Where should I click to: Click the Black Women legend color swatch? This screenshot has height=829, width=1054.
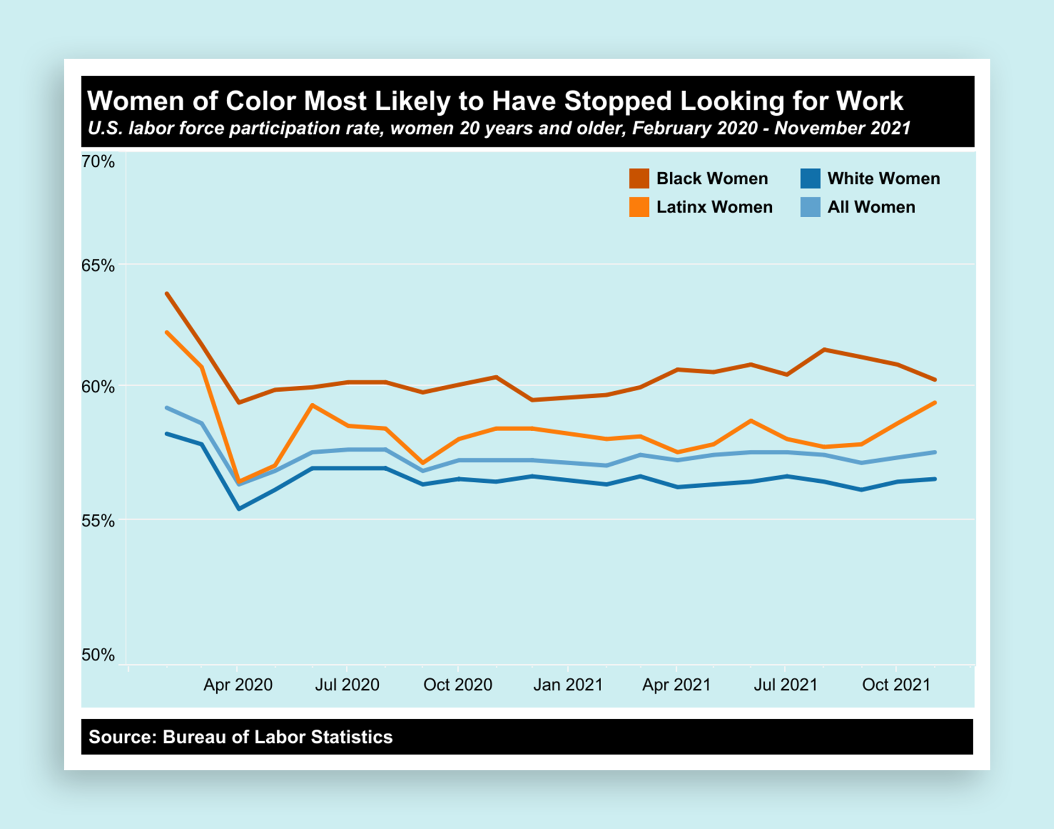(x=639, y=179)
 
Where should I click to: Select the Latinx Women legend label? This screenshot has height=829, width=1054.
(x=714, y=207)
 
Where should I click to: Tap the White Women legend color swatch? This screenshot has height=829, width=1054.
(x=810, y=179)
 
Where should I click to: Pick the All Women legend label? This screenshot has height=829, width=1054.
(x=871, y=207)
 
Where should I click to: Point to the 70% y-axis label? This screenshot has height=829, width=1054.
(x=98, y=162)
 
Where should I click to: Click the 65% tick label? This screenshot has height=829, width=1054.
(x=98, y=266)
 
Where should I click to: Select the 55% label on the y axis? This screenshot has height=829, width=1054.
(x=98, y=521)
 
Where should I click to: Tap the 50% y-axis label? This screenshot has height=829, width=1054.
(x=98, y=655)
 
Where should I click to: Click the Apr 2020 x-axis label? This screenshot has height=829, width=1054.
(x=238, y=685)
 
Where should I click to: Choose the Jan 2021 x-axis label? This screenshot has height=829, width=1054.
(x=568, y=685)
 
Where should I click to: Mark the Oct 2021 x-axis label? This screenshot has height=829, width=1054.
(x=896, y=685)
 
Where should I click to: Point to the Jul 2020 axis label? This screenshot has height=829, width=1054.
(x=347, y=685)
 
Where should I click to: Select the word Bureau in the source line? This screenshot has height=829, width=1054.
(x=194, y=737)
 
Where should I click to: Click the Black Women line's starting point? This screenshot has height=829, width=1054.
(x=166, y=294)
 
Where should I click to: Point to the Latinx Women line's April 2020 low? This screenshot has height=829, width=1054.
(x=239, y=481)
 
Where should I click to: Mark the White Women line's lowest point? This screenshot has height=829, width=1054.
(x=239, y=509)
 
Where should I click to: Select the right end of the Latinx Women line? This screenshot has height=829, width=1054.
(x=935, y=403)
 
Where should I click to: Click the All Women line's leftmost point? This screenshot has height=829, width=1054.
(x=166, y=408)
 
